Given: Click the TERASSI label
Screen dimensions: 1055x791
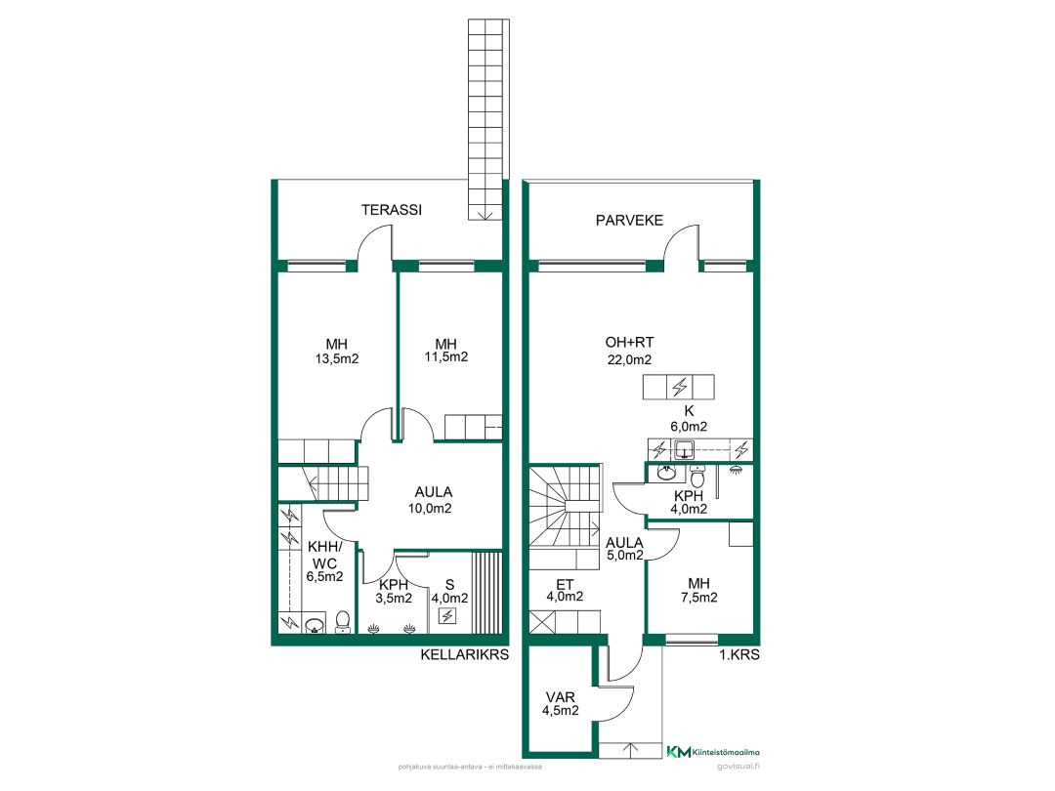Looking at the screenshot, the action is (x=392, y=210).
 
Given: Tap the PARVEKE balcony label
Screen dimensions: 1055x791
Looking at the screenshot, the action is (x=629, y=220).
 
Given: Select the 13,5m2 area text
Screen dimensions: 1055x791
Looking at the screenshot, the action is (x=337, y=359).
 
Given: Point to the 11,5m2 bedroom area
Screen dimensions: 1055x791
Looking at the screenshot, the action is (x=446, y=357).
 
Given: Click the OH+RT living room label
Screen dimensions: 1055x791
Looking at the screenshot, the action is (x=629, y=343).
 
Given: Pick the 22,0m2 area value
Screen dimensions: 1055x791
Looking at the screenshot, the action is (x=629, y=359).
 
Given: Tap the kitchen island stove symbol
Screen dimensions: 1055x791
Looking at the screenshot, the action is (x=679, y=387).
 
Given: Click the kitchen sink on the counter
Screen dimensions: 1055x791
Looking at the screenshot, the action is (x=684, y=449).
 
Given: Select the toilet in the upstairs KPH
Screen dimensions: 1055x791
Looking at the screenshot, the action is (x=697, y=477).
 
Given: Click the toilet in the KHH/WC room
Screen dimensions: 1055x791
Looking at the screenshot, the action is (x=343, y=622).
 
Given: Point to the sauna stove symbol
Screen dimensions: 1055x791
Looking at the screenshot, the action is (x=447, y=615).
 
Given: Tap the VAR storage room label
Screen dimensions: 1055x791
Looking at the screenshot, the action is (x=561, y=697).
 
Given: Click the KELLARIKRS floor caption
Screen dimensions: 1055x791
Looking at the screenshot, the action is (x=465, y=654).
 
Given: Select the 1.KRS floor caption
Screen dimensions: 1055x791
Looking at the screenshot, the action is (x=739, y=654).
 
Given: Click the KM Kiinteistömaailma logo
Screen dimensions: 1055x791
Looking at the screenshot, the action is (x=713, y=752).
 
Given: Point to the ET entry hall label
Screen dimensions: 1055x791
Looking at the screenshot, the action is (x=565, y=585).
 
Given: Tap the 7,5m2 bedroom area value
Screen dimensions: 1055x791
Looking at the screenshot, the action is (x=699, y=598).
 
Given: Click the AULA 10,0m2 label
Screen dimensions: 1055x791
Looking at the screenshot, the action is (x=433, y=500).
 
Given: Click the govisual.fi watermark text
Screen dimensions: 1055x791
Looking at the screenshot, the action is (x=738, y=767).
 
